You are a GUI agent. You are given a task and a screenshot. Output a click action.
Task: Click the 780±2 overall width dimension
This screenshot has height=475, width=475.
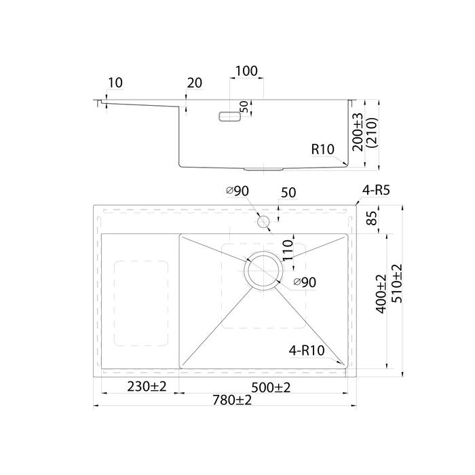click(x=232, y=400)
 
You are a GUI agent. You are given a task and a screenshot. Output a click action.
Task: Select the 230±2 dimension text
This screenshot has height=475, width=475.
click(x=147, y=387)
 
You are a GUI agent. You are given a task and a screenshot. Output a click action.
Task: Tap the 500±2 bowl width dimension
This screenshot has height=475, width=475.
click(x=271, y=387)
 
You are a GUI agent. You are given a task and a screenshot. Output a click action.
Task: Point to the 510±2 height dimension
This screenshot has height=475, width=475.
click(x=397, y=284)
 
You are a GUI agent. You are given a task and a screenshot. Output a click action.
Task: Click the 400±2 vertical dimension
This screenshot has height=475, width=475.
click(x=381, y=294)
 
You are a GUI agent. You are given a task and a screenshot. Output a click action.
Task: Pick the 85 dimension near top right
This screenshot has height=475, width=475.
click(x=372, y=218)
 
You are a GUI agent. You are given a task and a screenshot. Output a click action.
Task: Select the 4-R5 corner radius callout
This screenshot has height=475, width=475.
click(x=376, y=190)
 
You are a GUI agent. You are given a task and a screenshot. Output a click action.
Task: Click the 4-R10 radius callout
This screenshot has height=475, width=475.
click(x=307, y=351)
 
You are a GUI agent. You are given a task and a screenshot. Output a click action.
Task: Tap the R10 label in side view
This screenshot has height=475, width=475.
click(x=322, y=149)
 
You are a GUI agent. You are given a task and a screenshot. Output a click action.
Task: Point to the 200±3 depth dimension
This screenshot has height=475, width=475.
click(x=358, y=132)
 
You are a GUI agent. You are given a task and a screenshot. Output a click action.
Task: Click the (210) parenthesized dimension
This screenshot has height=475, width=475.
click(x=372, y=133)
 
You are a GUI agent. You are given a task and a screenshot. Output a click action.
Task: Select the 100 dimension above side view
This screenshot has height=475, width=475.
click(x=246, y=71)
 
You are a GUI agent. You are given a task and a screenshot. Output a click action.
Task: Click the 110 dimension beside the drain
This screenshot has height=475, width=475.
click(x=288, y=250)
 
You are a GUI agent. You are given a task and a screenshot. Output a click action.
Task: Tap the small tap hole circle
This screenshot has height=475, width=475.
click(x=263, y=222)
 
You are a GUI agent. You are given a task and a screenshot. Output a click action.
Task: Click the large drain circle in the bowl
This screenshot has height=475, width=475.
click(x=263, y=270)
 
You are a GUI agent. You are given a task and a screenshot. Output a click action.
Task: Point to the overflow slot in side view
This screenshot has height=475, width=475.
click(x=230, y=117)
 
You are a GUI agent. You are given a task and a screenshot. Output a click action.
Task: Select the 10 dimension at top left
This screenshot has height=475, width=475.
click(x=115, y=83)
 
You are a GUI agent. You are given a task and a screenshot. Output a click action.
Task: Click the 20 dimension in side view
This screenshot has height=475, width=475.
click(x=194, y=83)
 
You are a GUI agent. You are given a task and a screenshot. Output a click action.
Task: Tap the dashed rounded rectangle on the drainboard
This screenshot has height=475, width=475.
click(x=141, y=303)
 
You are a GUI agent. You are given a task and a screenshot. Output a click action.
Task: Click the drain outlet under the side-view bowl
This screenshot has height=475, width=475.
click(x=263, y=169)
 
